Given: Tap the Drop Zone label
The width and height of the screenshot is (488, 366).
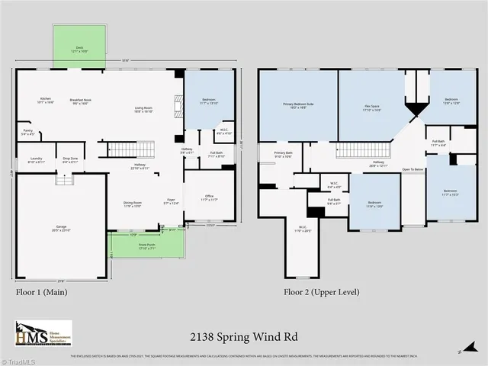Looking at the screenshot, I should click(70, 160).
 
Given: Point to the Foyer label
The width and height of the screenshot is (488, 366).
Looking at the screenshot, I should click(171, 202).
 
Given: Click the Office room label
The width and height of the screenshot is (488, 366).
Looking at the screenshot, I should click(209, 197).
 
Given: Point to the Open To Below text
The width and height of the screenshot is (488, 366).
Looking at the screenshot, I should click(413, 169).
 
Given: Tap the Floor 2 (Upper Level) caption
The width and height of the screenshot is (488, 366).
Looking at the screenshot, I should click(321, 292).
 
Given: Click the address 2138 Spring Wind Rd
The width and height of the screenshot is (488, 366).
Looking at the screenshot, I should click(243, 335).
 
